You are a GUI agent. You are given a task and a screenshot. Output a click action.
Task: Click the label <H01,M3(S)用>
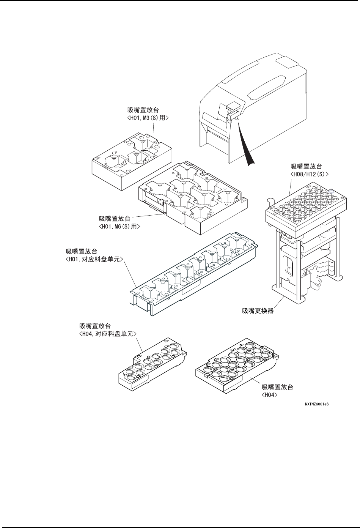coord(148,118)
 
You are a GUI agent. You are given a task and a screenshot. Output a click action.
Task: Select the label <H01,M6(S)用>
coord(119,226)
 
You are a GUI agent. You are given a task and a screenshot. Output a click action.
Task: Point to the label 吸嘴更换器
coord(258,311)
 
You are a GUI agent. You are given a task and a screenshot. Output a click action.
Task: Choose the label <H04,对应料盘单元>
coord(107,333)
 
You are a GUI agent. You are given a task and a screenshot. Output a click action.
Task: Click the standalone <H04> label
coord(270,395)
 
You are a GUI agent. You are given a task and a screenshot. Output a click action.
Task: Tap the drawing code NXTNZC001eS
coord(316,404)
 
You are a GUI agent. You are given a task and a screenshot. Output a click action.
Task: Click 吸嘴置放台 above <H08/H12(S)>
coord(307,166)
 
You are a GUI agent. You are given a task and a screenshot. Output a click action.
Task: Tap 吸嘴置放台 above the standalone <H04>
coord(278,388)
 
